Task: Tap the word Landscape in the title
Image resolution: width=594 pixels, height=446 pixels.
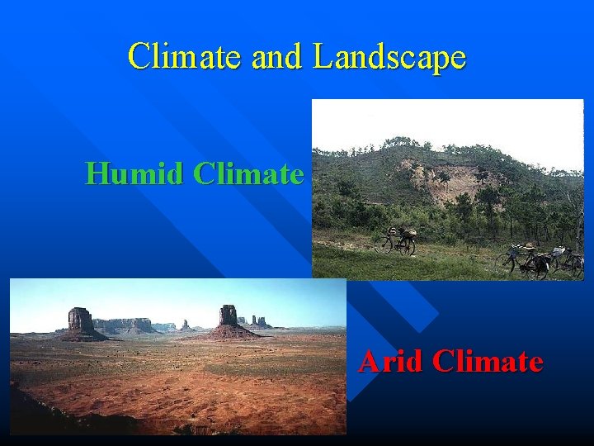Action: coord(389,58)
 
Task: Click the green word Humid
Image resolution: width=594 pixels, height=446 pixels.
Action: coord(134,173)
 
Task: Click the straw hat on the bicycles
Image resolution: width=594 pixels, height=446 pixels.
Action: coord(526,247)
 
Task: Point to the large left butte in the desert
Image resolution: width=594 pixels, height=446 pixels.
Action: coord(80,322)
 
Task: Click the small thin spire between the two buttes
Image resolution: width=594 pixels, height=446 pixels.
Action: coord(186,325)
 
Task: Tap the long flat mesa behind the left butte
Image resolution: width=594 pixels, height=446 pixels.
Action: coord(124,325)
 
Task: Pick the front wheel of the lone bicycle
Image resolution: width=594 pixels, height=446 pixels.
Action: coord(383,245)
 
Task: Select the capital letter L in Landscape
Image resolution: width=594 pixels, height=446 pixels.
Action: coord(323,56)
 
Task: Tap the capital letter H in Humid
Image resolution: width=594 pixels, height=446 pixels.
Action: coord(97,173)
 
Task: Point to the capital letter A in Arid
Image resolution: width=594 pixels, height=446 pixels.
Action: coord(369,361)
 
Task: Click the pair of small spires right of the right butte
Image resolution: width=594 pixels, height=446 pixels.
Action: coord(261,321)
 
